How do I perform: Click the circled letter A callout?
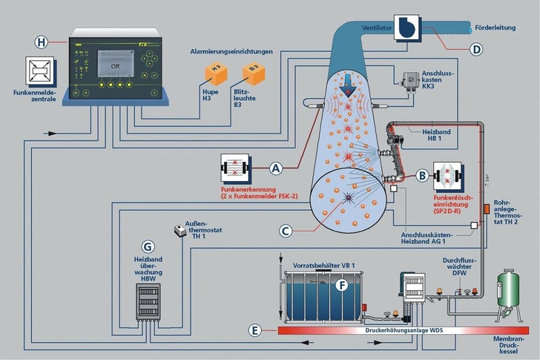276,168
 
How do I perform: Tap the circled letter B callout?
421,176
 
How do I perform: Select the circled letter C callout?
285,230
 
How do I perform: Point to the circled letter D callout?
477,50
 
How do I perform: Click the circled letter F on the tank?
342,284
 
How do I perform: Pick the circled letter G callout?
148,245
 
